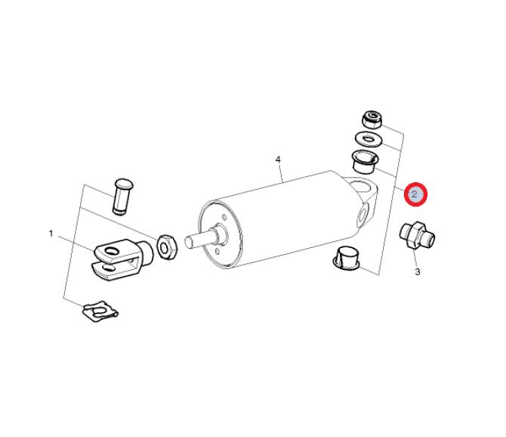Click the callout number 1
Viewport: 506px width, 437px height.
(51, 233)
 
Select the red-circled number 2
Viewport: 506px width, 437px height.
(415, 194)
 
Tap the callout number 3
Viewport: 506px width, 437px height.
(418, 272)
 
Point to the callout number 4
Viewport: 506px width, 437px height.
(278, 160)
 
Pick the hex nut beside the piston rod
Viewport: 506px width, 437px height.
(167, 247)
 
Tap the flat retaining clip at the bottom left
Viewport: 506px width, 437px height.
(100, 311)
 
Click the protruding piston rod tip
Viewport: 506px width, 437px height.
(190, 242)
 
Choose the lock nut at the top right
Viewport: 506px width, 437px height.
(372, 119)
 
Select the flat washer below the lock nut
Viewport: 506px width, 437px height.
(369, 139)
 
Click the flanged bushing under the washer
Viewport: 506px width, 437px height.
(366, 163)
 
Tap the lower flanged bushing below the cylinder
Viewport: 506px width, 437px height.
(347, 258)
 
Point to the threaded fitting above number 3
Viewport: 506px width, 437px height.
(417, 235)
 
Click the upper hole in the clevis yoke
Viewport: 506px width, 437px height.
(112, 251)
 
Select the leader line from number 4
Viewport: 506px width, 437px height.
(282, 174)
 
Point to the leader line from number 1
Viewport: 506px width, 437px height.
(76, 243)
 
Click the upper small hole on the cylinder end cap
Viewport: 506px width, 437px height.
(224, 217)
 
